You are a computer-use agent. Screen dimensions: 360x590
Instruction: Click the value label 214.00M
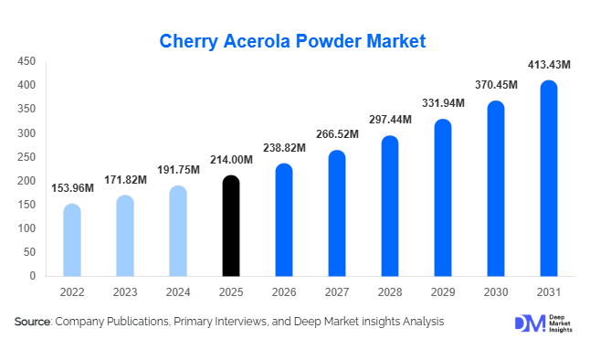click(x=232, y=161)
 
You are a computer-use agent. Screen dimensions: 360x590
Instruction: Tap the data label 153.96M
click(x=71, y=189)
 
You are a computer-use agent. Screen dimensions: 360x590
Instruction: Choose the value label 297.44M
click(x=390, y=120)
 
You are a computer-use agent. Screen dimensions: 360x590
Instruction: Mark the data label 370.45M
click(x=496, y=85)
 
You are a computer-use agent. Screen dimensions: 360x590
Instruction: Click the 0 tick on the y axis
click(x=32, y=275)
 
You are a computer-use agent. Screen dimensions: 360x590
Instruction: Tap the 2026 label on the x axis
click(x=284, y=292)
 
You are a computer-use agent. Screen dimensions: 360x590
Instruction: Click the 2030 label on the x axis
click(x=496, y=292)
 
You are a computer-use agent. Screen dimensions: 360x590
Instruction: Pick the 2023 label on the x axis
click(x=125, y=292)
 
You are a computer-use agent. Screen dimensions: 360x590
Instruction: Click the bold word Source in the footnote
click(x=32, y=322)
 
